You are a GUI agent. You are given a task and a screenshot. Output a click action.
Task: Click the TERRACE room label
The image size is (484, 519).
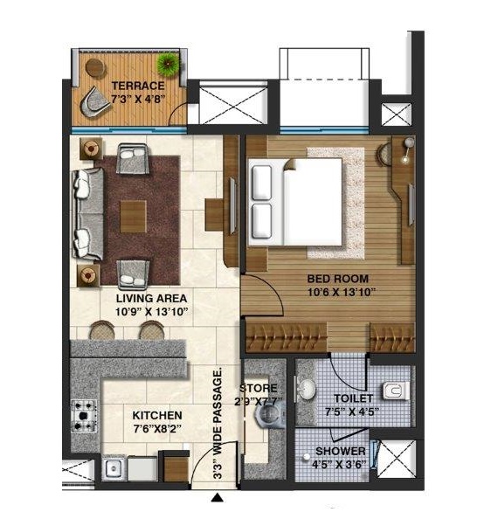click(x=138, y=86)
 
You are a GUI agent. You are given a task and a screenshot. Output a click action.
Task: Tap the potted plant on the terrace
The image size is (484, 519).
click(x=169, y=63)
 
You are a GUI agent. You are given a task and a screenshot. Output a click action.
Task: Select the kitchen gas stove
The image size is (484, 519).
click(x=84, y=416)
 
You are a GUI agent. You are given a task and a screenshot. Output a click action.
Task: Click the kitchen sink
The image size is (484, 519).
click(x=113, y=468)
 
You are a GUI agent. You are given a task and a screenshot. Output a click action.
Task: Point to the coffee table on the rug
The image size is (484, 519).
click(x=133, y=217)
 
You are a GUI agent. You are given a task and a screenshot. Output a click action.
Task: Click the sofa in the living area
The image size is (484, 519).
click(x=87, y=214)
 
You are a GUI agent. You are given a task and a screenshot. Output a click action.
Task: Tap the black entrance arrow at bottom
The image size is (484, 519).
click(x=217, y=497)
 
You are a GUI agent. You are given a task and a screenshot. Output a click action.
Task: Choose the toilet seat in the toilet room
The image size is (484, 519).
click(x=396, y=391)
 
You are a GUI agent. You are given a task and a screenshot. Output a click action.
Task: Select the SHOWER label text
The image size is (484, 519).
click(x=341, y=451)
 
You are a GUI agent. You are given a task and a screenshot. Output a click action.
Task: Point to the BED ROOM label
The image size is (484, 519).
click(x=338, y=279)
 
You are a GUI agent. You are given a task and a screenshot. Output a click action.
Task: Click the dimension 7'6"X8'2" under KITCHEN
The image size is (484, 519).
click(x=157, y=429)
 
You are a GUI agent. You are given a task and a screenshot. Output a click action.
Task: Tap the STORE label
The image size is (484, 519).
click(x=259, y=388)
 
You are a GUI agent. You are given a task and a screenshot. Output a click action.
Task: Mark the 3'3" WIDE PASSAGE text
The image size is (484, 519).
click(x=218, y=425)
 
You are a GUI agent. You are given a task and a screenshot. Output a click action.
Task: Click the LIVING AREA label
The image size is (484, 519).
click(x=151, y=298)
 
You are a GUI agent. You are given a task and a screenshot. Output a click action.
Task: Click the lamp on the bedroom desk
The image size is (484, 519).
click(x=408, y=149)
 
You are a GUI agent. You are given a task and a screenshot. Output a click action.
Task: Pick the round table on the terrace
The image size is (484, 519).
click(x=96, y=67)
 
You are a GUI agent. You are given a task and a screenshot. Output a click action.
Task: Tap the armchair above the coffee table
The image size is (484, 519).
click(x=133, y=158)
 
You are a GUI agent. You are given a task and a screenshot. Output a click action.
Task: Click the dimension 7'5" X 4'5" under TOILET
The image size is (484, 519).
click(x=351, y=412)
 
